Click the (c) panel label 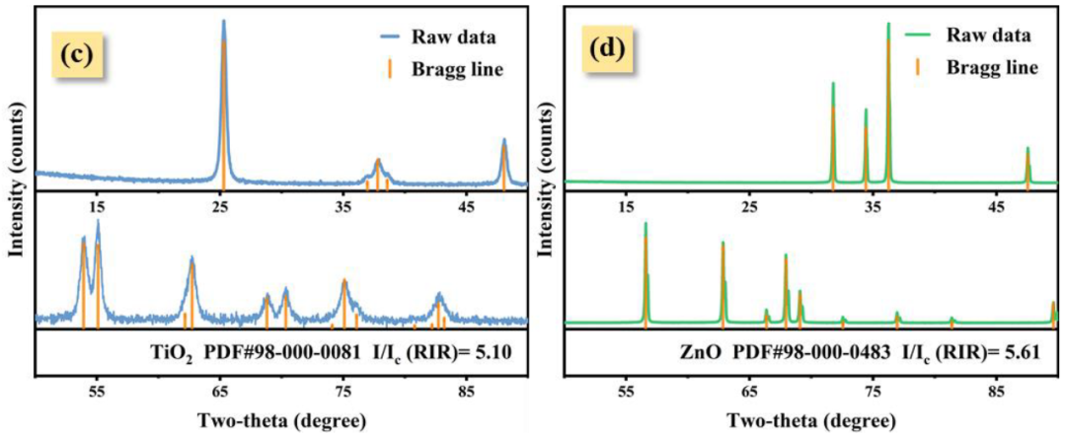point(76,53)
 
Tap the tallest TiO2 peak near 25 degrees point(223,24)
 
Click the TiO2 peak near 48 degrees point(503,142)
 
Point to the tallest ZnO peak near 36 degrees point(888,26)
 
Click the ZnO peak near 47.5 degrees point(1028,150)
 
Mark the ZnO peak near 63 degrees point(723,245)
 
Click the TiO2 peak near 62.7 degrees point(191,260)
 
